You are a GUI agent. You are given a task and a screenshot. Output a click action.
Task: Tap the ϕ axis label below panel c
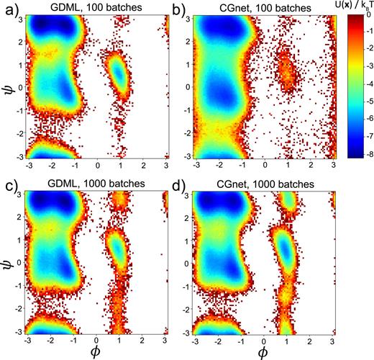point(96,352)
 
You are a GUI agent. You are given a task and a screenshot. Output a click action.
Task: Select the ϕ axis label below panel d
point(265,352)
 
